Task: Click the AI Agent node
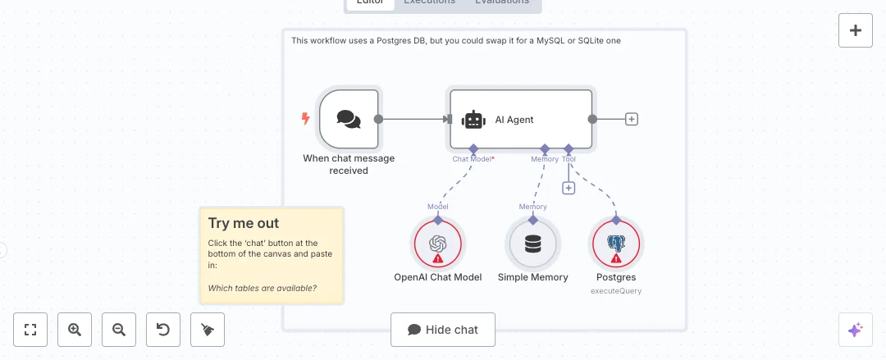pyautogui.click(x=520, y=120)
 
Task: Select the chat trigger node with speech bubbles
pyautogui.click(x=349, y=120)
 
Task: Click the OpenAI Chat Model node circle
pyautogui.click(x=437, y=244)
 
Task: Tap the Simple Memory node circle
pyautogui.click(x=532, y=244)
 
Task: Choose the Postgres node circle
pyautogui.click(x=616, y=244)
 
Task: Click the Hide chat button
pyautogui.click(x=443, y=330)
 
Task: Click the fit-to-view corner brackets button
pyautogui.click(x=30, y=330)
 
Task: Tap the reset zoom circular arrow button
pyautogui.click(x=163, y=330)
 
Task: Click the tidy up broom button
pyautogui.click(x=208, y=330)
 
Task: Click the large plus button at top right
pyautogui.click(x=856, y=30)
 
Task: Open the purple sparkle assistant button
pyautogui.click(x=856, y=330)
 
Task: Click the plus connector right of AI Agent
pyautogui.click(x=632, y=119)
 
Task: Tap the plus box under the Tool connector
pyautogui.click(x=569, y=188)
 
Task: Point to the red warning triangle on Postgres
pyautogui.click(x=616, y=258)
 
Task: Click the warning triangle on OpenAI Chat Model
pyautogui.click(x=437, y=258)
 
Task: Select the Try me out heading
pyautogui.click(x=244, y=223)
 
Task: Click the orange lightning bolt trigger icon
pyautogui.click(x=306, y=119)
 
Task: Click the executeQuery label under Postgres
pyautogui.click(x=616, y=290)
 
